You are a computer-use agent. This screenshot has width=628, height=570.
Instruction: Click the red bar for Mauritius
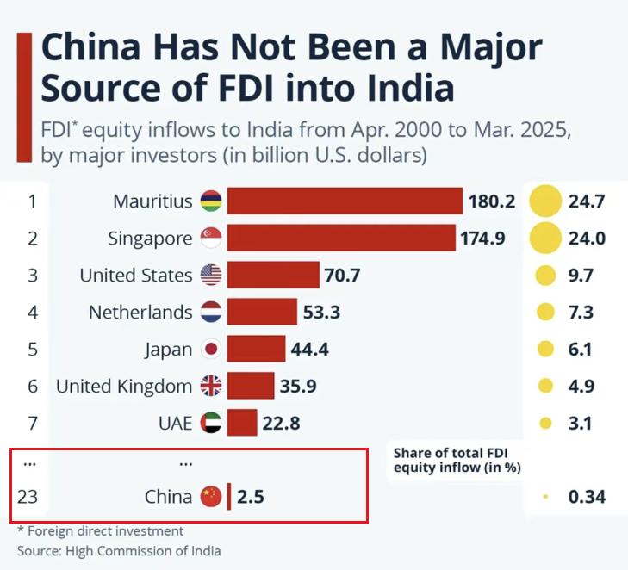point(345,201)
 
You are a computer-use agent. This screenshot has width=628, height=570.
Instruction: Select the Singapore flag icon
point(211,238)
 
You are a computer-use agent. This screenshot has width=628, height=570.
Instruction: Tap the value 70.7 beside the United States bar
point(343,276)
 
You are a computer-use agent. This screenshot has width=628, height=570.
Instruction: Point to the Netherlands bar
point(262,312)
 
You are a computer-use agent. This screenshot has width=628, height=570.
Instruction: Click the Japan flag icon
point(211,349)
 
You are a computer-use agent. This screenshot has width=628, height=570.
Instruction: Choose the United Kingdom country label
point(124,387)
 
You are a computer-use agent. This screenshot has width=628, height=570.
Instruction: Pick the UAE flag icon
point(211,423)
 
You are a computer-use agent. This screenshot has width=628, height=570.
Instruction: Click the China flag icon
point(211,496)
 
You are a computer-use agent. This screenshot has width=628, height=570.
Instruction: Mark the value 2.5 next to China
point(252,496)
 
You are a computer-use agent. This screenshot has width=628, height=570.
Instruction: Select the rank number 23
point(31,496)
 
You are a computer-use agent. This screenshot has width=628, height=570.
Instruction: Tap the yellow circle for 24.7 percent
point(544,201)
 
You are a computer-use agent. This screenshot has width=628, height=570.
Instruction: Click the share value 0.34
point(587,496)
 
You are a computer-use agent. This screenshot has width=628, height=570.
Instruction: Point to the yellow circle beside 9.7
point(544,276)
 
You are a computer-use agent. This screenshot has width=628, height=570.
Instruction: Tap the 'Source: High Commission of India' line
point(119,551)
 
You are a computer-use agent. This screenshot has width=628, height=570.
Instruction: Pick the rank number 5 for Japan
point(33,349)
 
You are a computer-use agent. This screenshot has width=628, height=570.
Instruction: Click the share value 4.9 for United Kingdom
point(581,387)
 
